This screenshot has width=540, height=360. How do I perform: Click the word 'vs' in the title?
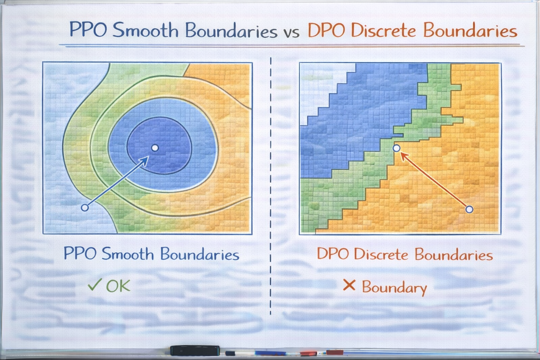[291, 33]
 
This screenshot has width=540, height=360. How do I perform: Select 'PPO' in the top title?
[88, 29]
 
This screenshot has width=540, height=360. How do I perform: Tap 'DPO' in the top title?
[326, 30]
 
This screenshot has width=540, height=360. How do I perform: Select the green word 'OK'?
[118, 286]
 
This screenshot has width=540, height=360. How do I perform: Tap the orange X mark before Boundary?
[349, 285]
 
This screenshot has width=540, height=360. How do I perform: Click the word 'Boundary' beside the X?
[394, 288]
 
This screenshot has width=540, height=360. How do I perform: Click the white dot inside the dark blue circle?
[155, 148]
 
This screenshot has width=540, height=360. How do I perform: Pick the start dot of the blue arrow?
[85, 207]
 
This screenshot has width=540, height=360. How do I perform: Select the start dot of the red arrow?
[469, 209]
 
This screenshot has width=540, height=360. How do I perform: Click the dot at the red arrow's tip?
[396, 148]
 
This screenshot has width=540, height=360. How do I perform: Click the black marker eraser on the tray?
[195, 350]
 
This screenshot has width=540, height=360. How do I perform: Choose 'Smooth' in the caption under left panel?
[128, 254]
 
